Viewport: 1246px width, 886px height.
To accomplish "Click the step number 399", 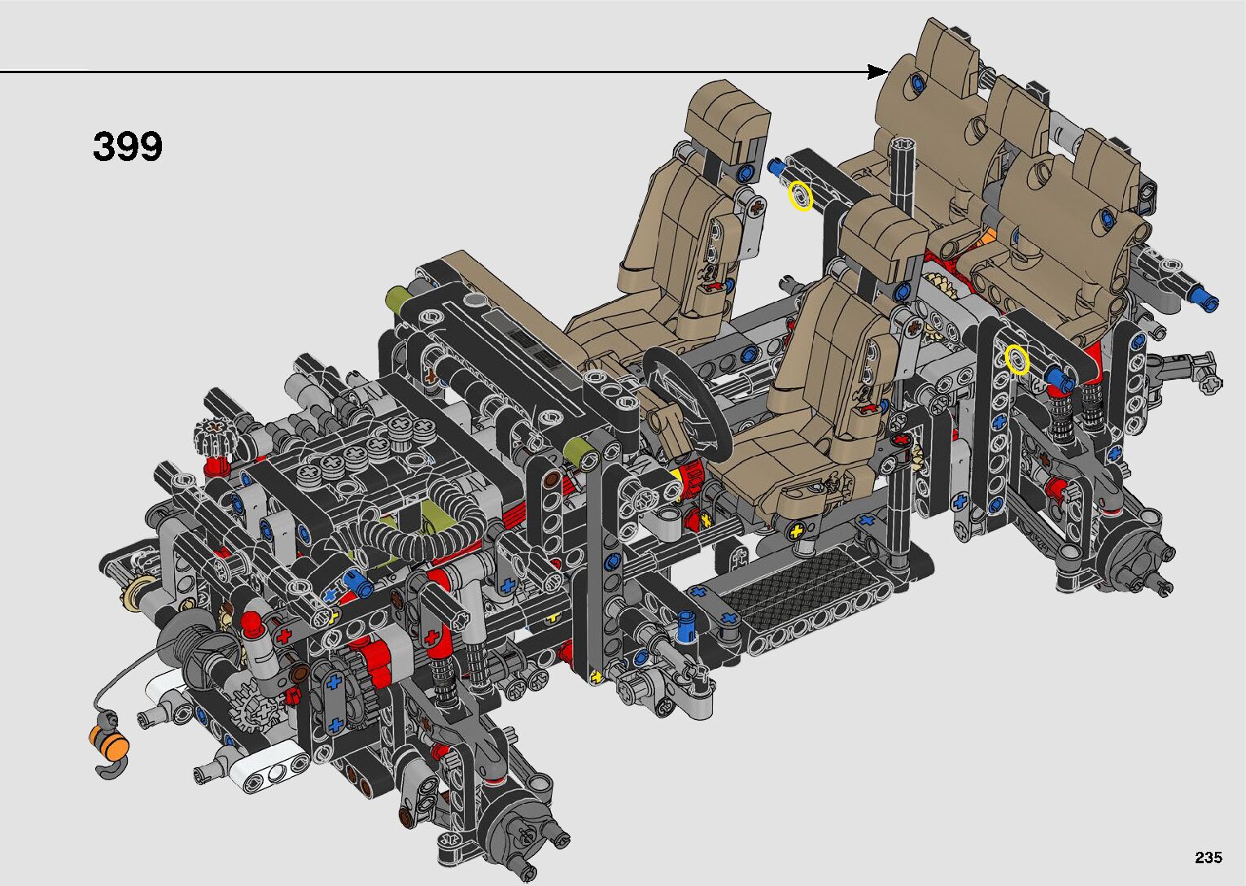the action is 128,146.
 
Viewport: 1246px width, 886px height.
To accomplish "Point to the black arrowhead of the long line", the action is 878,72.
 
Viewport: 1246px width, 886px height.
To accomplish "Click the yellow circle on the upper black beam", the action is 801,196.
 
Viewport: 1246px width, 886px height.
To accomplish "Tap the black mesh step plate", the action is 801,590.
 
